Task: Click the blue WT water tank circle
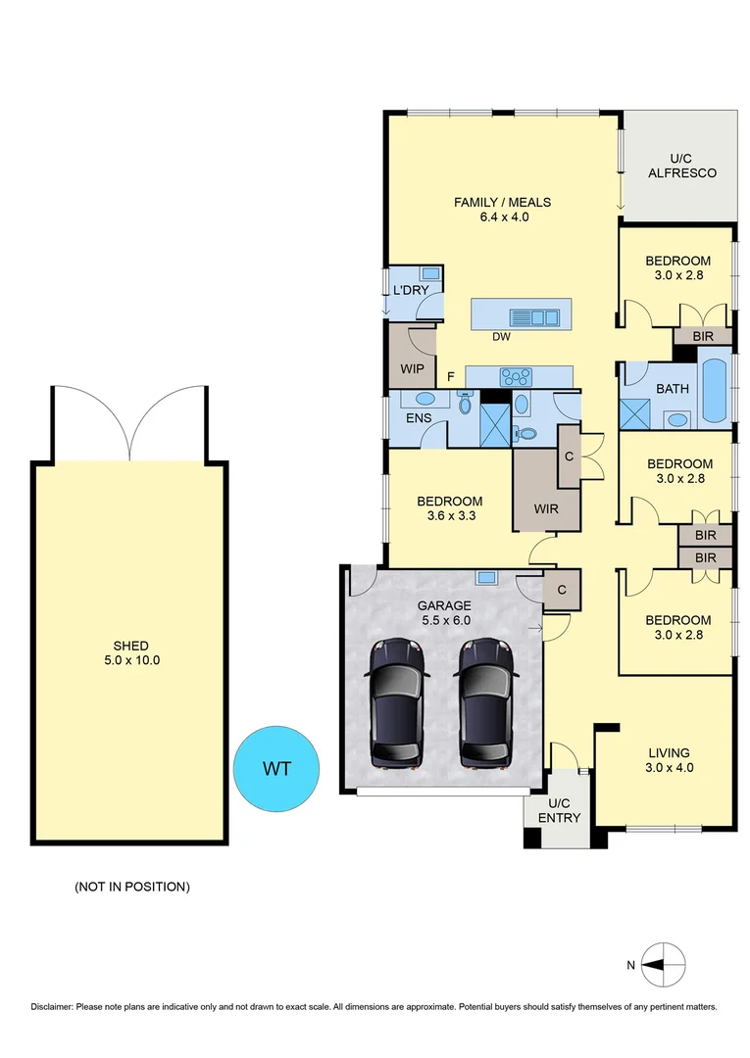(x=277, y=768)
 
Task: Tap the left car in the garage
(x=397, y=702)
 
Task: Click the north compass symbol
(x=663, y=963)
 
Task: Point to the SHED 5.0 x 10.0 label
(x=130, y=652)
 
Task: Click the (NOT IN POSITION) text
(x=131, y=887)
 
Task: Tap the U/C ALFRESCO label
(x=680, y=165)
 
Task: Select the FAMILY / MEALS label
(x=502, y=210)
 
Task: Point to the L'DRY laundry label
(x=410, y=291)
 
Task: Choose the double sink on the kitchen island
(x=533, y=316)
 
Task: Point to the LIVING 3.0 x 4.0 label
(x=671, y=760)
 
